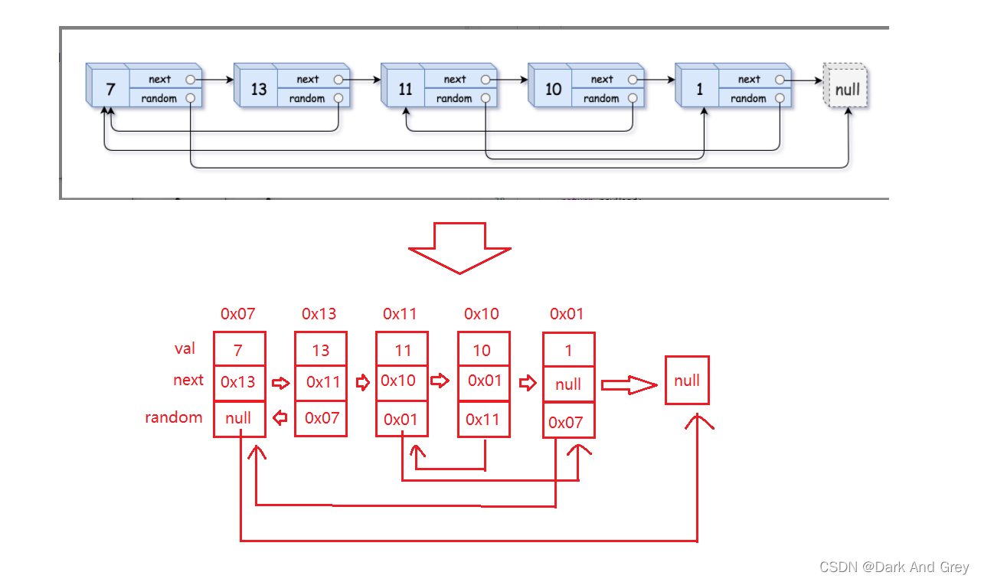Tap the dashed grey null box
coord(847,89)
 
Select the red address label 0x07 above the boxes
coord(237,314)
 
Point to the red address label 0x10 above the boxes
coord(481,314)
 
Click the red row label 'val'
coord(185,349)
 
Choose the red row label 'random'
coord(174,417)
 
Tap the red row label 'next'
coord(188,381)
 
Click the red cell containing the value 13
coord(321,351)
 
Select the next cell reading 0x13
coord(239,382)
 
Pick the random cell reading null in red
coord(239,419)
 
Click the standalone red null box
coord(687,381)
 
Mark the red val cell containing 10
coord(482,351)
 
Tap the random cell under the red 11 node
coord(401,419)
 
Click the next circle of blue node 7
coord(190,79)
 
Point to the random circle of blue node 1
coord(779,98)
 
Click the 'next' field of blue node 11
coord(455,79)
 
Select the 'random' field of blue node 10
coord(601,98)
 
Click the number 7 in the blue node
coord(110,90)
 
